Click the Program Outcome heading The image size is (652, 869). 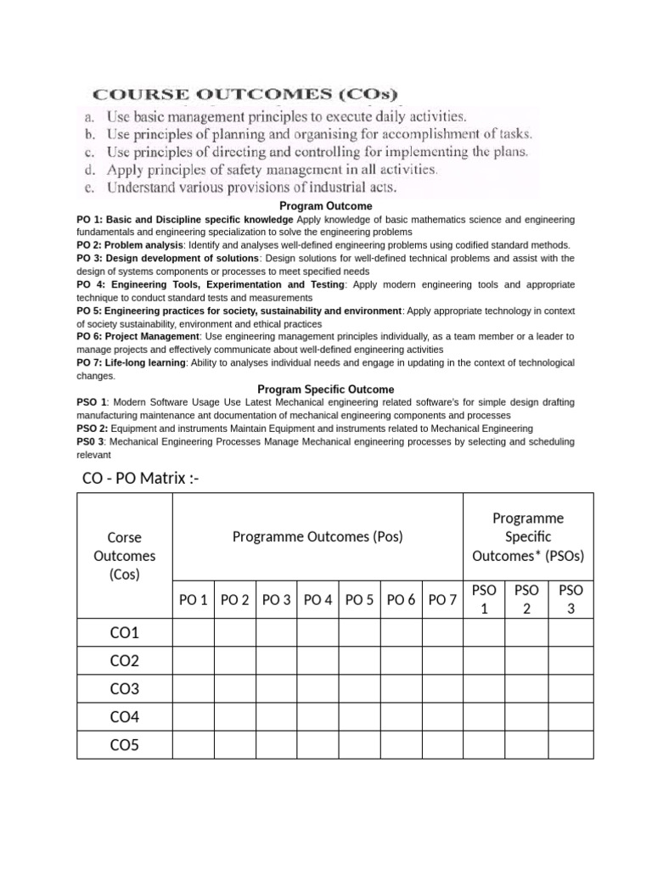(326, 206)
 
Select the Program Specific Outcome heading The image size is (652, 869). (326, 390)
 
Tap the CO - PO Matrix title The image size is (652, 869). (141, 479)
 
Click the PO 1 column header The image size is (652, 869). (194, 600)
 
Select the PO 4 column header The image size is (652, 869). (318, 600)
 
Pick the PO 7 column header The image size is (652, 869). (442, 600)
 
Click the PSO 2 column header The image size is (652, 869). (526, 599)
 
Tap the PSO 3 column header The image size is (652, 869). (570, 599)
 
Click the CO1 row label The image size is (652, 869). (124, 633)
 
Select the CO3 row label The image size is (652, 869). (124, 689)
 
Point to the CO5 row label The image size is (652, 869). (124, 745)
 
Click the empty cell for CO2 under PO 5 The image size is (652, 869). (360, 661)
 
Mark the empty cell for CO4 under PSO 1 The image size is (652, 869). (484, 717)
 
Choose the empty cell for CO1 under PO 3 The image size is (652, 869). (277, 633)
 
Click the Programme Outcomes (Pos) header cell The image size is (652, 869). (318, 536)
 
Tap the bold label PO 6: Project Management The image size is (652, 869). (138, 336)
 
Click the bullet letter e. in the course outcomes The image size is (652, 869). (91, 187)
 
